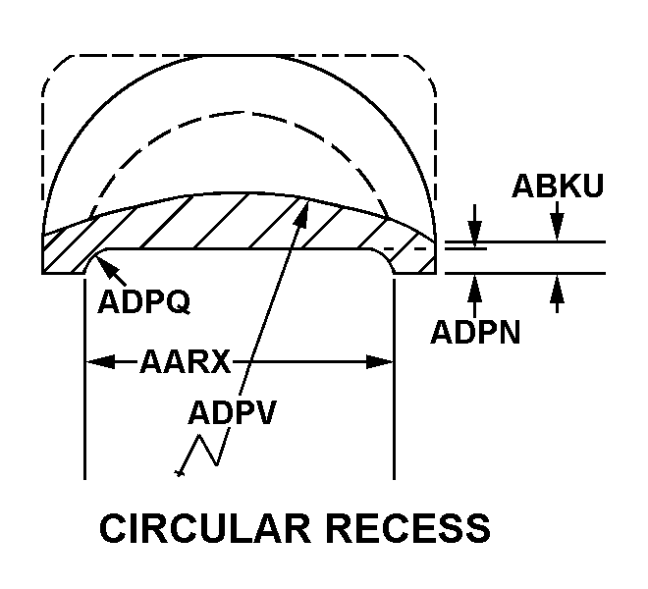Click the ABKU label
click(558, 187)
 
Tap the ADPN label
click(475, 332)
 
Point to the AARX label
click(185, 362)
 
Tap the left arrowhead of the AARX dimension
click(94, 362)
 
